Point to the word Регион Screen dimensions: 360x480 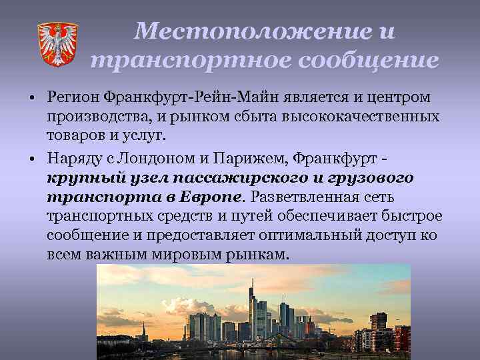tap(73, 98)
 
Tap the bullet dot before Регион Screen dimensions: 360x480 tap(33, 99)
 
